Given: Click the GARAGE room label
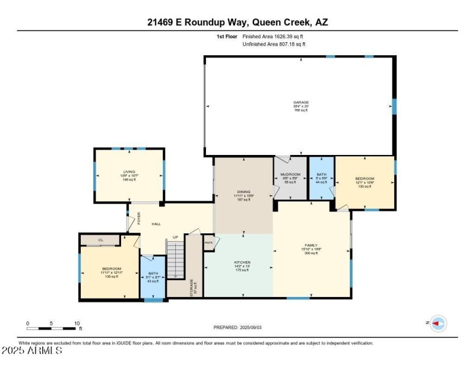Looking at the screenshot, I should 300,102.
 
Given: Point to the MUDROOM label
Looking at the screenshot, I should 290,175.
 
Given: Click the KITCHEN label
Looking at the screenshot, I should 242,262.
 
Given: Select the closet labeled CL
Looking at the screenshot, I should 101,240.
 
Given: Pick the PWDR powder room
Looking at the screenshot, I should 208,242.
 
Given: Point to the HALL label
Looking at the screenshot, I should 156,224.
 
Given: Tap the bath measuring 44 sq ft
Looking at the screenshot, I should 321,178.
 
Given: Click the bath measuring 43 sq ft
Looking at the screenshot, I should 154,277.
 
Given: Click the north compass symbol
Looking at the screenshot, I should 438,323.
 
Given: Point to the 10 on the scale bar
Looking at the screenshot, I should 77,324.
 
